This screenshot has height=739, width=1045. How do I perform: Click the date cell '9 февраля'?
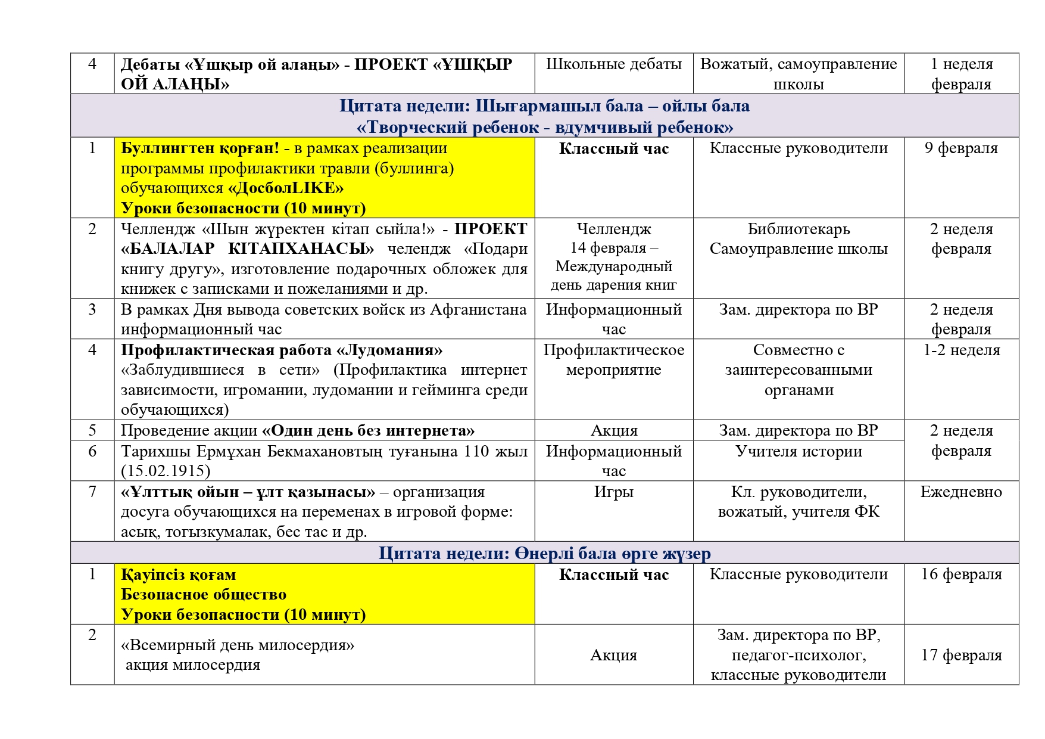tap(960, 148)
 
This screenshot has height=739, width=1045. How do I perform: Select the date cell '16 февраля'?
tap(961, 575)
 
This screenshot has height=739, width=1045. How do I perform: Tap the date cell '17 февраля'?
tap(961, 655)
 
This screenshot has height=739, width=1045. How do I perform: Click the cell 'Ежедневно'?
tap(961, 492)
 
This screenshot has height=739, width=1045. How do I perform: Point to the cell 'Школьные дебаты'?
tap(613, 64)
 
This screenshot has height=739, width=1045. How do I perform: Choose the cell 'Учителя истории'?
tap(798, 451)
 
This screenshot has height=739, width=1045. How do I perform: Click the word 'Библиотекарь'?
tap(798, 229)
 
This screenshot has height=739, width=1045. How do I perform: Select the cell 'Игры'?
tap(613, 492)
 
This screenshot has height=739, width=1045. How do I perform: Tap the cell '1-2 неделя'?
tap(961, 350)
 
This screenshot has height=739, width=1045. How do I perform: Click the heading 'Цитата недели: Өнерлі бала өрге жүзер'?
tap(544, 554)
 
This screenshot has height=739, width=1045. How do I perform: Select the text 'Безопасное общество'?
tap(204, 595)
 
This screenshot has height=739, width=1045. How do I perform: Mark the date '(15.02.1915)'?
tap(166, 471)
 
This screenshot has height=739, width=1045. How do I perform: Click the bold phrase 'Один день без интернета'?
tap(369, 431)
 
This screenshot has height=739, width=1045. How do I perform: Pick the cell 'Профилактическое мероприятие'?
tap(613, 360)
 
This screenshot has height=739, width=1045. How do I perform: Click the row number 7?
tap(92, 492)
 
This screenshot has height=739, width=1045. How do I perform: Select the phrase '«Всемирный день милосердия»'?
tap(238, 645)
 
